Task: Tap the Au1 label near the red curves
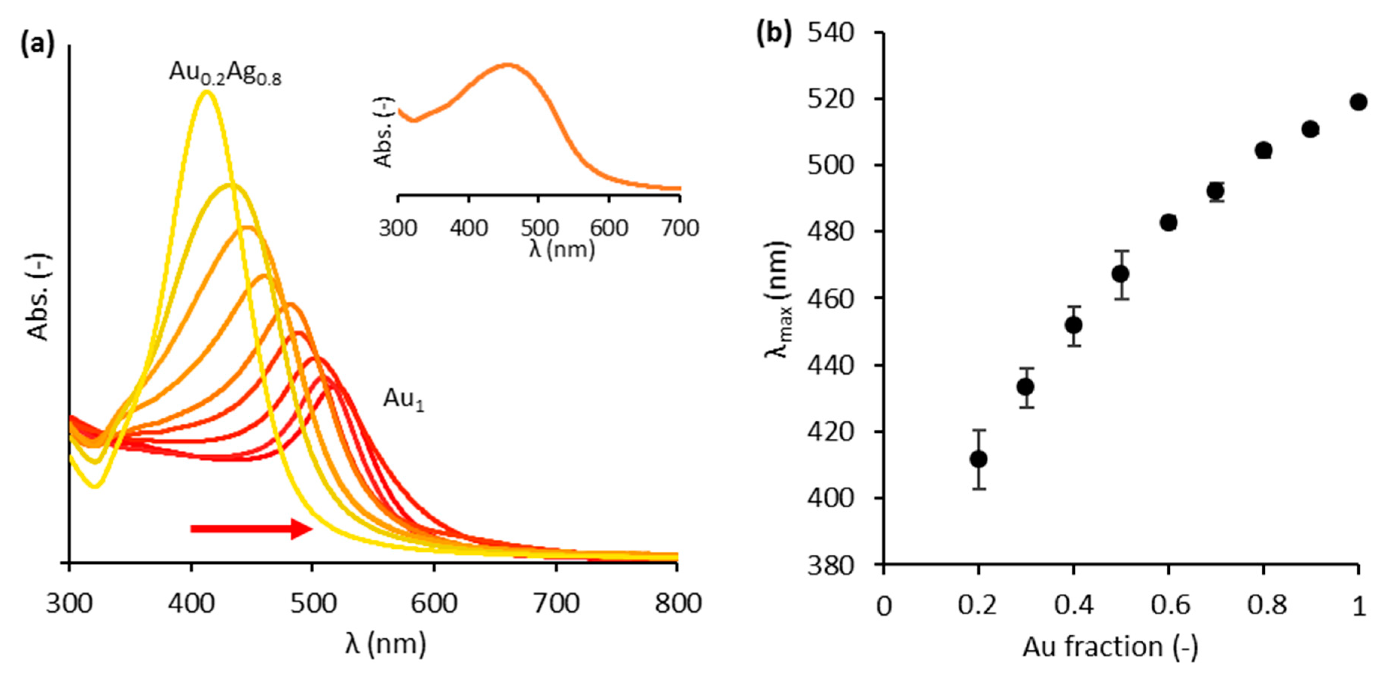click(x=403, y=400)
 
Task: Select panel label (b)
click(x=773, y=34)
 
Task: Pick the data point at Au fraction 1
click(x=1358, y=102)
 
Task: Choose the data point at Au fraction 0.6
click(x=1168, y=222)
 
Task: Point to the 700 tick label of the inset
click(x=679, y=229)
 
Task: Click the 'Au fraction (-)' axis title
click(x=1110, y=647)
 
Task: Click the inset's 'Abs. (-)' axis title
click(x=384, y=132)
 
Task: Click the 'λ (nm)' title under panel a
click(x=385, y=644)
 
